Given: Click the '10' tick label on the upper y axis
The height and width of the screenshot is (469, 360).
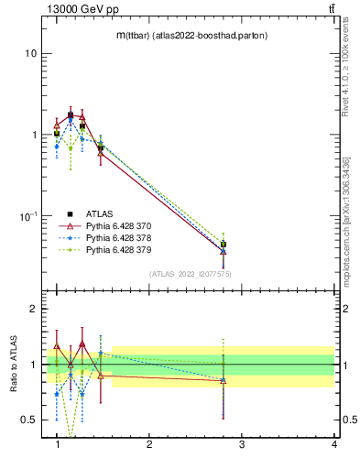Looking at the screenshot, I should point(32,53).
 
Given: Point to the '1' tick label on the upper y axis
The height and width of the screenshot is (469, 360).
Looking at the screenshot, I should point(35,135).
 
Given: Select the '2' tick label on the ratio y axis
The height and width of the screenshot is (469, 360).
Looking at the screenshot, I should point(35,310).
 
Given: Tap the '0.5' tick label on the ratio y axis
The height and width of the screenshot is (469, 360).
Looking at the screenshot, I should point(30,420).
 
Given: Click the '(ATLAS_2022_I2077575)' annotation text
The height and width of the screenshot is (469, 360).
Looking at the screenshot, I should point(191,273).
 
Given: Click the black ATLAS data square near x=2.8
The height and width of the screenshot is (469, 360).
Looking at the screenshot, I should point(223,245).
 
